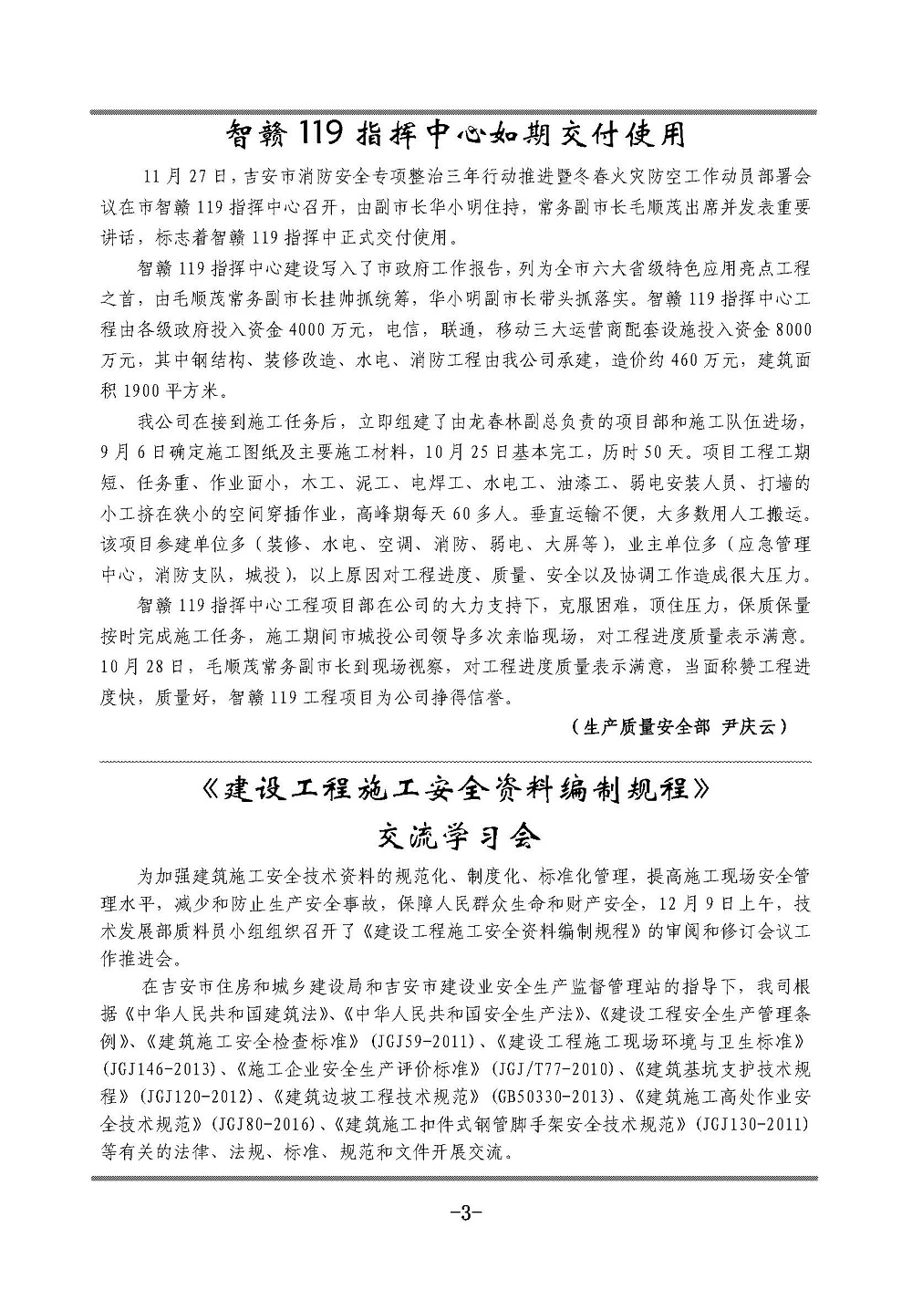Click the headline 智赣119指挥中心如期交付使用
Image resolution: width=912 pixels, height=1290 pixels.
(x=455, y=136)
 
